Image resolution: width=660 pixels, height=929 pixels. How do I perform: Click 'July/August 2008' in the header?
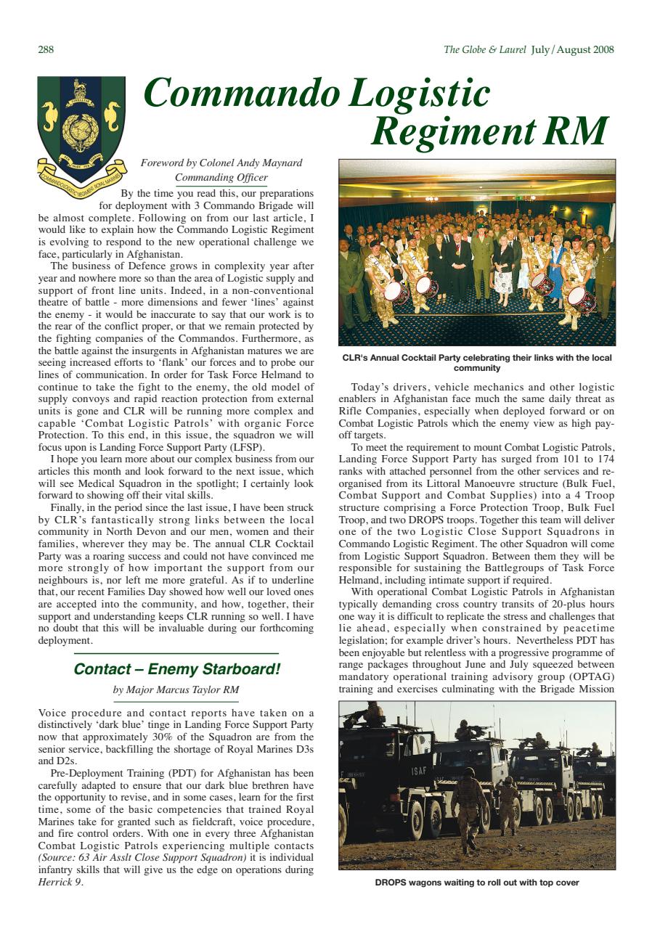coord(572,49)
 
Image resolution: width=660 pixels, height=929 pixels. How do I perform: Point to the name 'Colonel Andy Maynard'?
coord(255,163)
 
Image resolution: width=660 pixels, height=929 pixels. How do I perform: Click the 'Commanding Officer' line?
coord(221,178)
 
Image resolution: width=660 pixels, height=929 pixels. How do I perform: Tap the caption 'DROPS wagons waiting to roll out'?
coord(476,883)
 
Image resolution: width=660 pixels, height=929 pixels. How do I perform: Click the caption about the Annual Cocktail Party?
coord(476,362)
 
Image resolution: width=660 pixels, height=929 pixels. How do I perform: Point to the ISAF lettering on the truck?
coord(420,770)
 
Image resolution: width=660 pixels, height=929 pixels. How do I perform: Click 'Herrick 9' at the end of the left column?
coord(60,883)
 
